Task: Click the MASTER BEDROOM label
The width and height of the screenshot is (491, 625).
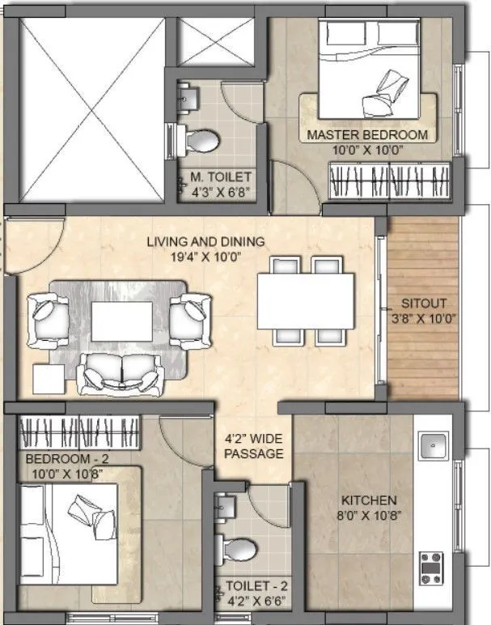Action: click(366, 134)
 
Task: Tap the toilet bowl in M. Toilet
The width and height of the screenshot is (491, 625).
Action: click(202, 141)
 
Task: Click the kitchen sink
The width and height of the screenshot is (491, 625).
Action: click(433, 444)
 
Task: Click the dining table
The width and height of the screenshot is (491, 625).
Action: click(306, 301)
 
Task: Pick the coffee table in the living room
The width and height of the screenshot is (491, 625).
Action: click(121, 321)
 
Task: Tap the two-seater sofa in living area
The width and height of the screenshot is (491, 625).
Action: click(121, 372)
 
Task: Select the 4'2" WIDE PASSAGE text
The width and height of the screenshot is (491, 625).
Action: click(254, 447)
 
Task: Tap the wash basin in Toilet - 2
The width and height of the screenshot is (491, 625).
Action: click(226, 506)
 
